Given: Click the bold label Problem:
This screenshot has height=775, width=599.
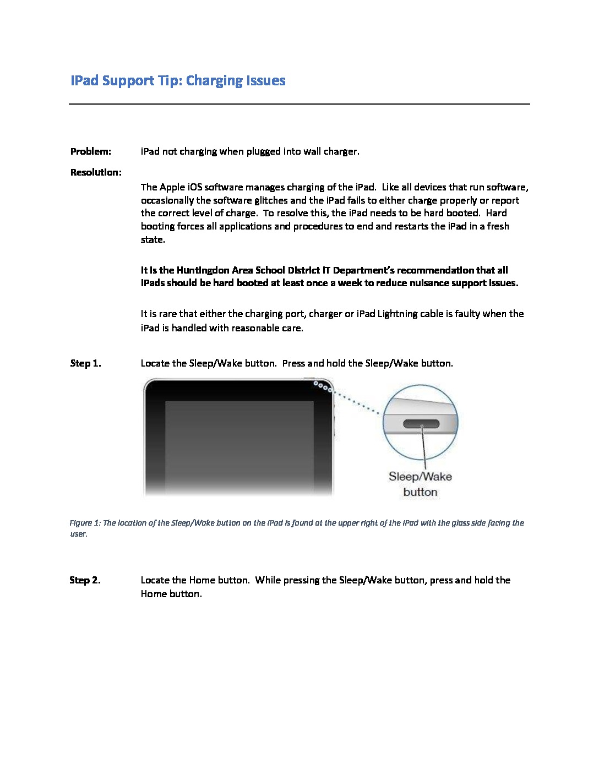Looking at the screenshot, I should pyautogui.click(x=91, y=151).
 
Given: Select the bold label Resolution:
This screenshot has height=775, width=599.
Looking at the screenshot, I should pyautogui.click(x=96, y=172).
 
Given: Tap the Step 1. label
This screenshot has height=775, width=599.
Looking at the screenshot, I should pyautogui.click(x=85, y=363).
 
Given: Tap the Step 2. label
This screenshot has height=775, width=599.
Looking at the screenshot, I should pyautogui.click(x=85, y=580).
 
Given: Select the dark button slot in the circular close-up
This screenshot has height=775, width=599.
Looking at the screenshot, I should pyautogui.click(x=421, y=424).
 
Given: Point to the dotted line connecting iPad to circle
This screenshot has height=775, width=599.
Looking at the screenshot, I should pyautogui.click(x=357, y=402).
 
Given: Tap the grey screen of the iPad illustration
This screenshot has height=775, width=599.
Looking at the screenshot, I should pyautogui.click(x=239, y=446).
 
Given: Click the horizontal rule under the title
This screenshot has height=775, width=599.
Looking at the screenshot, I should pyautogui.click(x=299, y=103).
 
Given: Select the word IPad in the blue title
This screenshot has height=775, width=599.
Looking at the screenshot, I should pyautogui.click(x=85, y=81).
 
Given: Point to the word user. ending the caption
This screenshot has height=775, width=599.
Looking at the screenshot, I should pyautogui.click(x=78, y=534).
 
